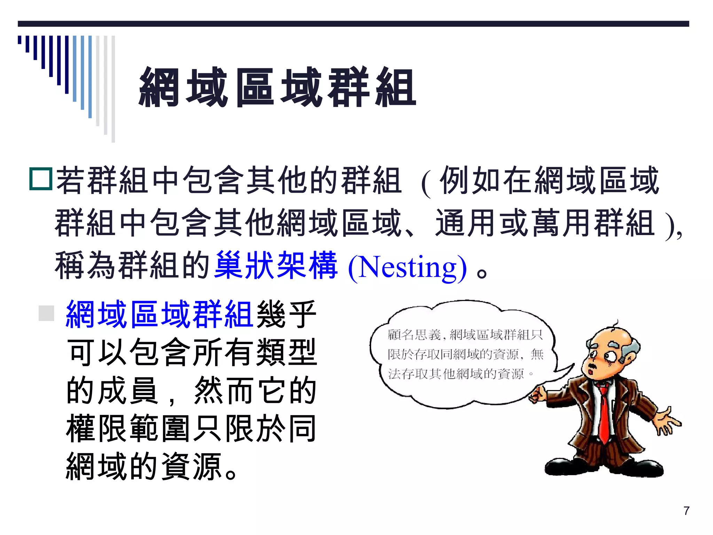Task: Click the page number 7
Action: [x=686, y=511]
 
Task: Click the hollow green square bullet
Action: [x=41, y=179]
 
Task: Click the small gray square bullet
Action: [x=46, y=313]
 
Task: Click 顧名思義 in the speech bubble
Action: [x=414, y=335]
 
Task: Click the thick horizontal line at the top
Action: [x=353, y=24]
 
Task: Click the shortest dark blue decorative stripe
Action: [x=19, y=40]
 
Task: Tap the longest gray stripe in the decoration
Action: [x=113, y=89]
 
